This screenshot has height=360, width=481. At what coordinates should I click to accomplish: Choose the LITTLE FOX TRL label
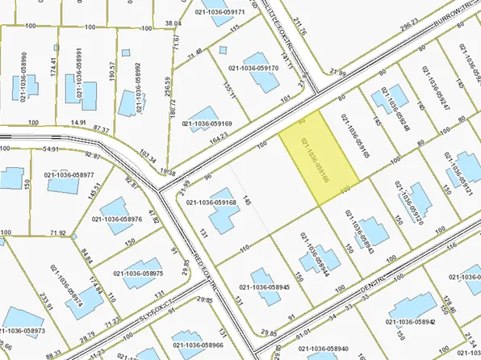[x=282, y=18]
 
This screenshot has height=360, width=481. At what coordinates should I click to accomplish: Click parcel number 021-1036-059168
[x=211, y=203]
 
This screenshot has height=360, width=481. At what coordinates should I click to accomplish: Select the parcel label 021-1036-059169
[x=207, y=124]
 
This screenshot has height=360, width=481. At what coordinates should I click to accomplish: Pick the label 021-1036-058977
[x=69, y=174]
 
